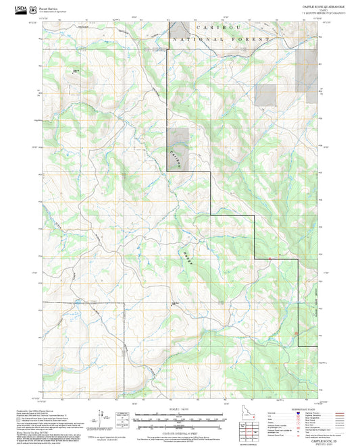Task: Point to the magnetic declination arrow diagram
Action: click(102, 417)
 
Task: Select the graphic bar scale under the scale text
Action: click(179, 417)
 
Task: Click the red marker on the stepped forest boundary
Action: click(269, 258)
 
